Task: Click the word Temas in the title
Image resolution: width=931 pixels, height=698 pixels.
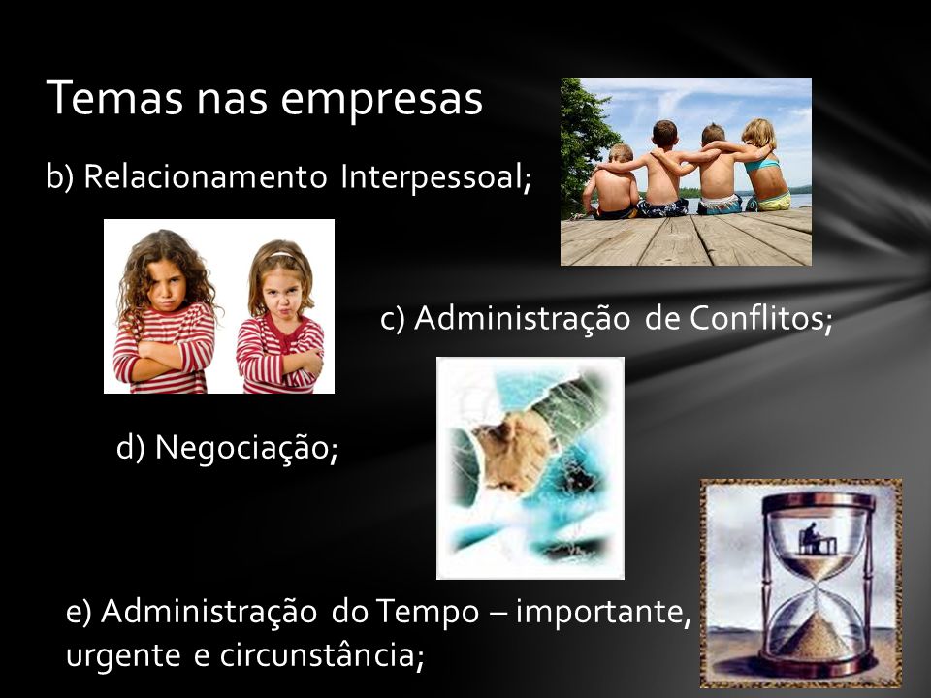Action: (114, 98)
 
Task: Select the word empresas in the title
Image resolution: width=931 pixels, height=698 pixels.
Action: (381, 102)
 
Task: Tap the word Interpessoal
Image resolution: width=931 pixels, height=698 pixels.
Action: (435, 176)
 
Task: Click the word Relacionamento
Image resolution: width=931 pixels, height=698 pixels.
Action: (206, 176)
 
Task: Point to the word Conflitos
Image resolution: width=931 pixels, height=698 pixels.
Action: (760, 318)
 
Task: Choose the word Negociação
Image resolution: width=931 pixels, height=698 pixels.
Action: (246, 447)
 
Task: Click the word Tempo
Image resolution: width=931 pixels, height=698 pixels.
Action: (427, 612)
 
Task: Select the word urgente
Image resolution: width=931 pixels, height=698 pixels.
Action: (123, 656)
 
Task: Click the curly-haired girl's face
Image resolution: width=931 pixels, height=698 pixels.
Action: (166, 286)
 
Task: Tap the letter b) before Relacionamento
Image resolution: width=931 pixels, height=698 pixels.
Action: (60, 176)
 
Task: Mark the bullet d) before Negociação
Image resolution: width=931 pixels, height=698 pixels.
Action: (131, 447)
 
